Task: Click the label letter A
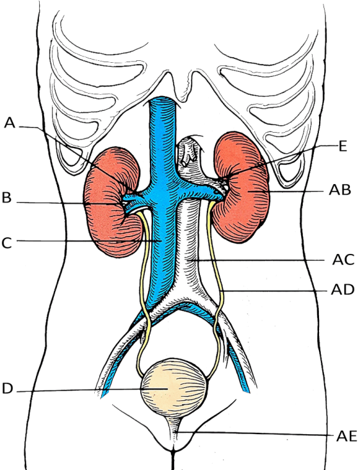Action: coord(10,123)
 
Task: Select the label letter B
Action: coord(6,198)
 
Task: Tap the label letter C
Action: coord(6,243)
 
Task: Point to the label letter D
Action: coord(7,389)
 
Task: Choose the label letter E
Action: coord(343,146)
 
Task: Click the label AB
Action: coord(340,190)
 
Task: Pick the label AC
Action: coord(343,260)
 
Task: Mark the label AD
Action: coord(343,290)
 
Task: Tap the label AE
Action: coord(347,436)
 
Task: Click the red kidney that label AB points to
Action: coord(243,189)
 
